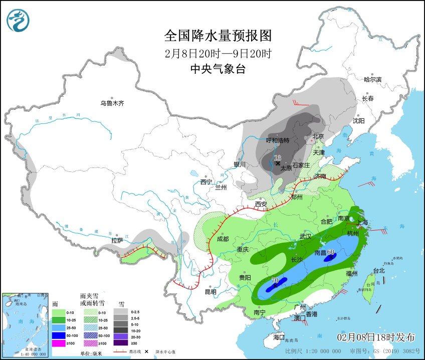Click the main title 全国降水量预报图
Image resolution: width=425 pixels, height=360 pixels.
tap(218, 36)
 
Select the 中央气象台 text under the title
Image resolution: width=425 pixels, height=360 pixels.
tap(218, 70)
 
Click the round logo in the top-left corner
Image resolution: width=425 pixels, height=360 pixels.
tap(18, 21)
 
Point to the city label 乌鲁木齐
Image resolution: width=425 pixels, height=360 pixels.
tap(111, 104)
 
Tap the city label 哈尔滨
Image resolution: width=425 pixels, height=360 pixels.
tap(373, 79)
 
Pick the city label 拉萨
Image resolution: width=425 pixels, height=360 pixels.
tap(117, 241)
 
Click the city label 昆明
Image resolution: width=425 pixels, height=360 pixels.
tap(210, 292)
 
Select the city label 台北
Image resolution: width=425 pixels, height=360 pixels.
tap(379, 271)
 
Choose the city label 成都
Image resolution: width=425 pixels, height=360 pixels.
tap(223, 239)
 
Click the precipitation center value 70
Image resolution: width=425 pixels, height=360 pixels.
tap(275, 281)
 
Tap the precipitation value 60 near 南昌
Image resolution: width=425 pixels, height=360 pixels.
tap(331, 252)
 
